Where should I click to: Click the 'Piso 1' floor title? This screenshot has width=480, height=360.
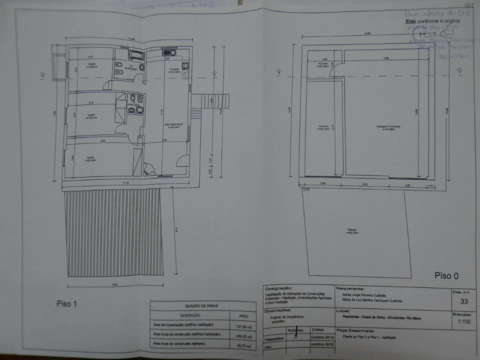point(66,303)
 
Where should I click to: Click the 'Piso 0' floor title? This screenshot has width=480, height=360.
point(446,275)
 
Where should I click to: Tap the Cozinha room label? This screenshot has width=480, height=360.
point(174,70)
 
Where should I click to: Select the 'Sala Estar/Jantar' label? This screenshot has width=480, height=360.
point(174,126)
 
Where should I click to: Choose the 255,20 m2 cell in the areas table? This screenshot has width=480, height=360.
point(243,334)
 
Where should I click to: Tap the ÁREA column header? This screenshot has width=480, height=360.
point(243,315)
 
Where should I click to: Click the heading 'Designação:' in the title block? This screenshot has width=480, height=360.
point(278,288)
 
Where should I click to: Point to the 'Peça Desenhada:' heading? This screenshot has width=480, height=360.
point(355,330)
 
